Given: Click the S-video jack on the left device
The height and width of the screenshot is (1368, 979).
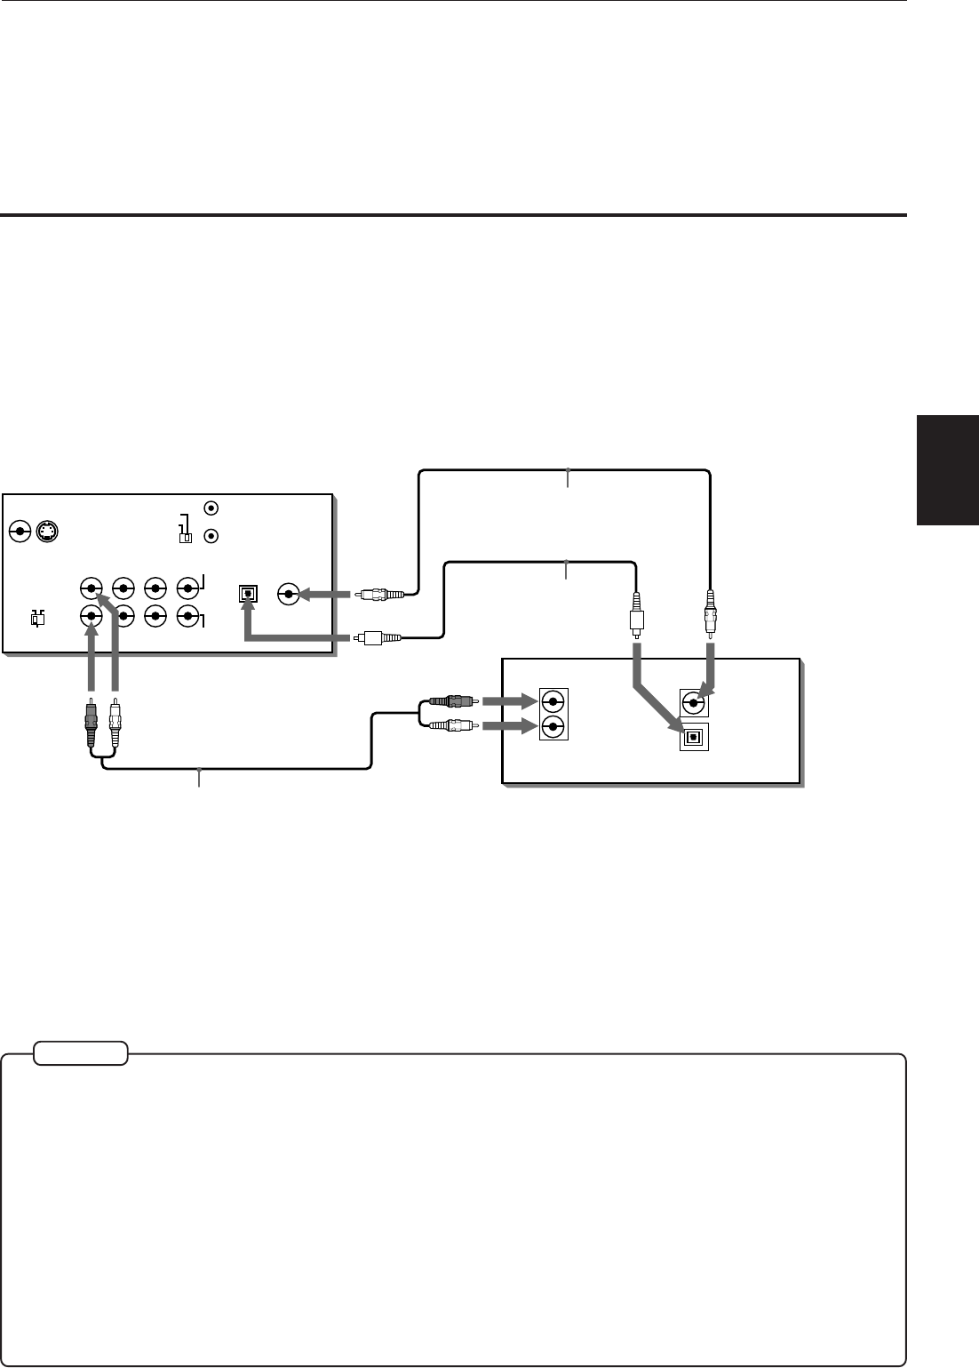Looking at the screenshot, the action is pyautogui.click(x=46, y=532).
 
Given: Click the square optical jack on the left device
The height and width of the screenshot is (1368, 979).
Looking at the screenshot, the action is pyautogui.click(x=247, y=592).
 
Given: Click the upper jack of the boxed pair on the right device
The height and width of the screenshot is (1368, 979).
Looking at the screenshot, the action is pyautogui.click(x=553, y=700).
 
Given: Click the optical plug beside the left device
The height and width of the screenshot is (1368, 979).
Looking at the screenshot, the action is pyautogui.click(x=378, y=636).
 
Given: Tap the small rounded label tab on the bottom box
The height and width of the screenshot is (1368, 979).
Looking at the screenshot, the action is pyautogui.click(x=81, y=1053).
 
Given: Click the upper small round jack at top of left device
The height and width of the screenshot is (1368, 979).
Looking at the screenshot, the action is pyautogui.click(x=211, y=508).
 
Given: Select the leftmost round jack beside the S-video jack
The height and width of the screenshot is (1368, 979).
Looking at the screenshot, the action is pyautogui.click(x=20, y=532).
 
